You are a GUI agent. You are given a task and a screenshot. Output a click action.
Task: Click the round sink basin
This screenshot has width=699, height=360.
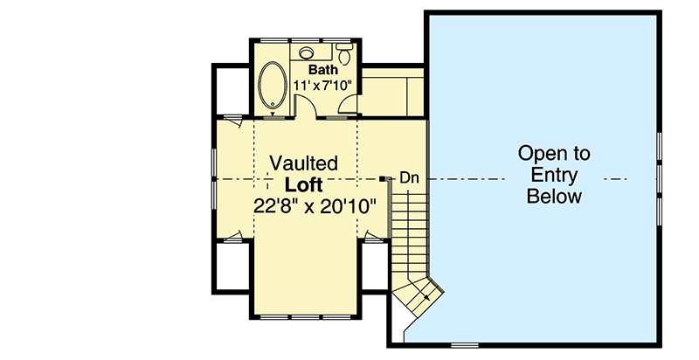pos(307,52)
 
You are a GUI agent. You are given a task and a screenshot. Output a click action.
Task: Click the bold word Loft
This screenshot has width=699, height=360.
pos(304,185)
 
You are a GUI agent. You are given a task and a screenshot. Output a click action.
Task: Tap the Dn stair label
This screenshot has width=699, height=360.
pos(410,178)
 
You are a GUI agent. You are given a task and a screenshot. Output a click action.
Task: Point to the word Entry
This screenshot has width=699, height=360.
pos(554,176)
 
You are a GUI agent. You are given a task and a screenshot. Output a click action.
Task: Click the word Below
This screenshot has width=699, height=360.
pos(554,197)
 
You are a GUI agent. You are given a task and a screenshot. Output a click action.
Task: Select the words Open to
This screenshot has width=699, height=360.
pos(554,154)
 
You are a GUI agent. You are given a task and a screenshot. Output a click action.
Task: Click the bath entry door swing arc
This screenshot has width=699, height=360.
pos(308,103)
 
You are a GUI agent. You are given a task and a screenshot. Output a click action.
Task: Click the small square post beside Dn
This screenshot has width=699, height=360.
pos(384,178)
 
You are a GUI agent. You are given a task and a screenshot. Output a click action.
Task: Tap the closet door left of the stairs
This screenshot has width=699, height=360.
pos(373,236)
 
